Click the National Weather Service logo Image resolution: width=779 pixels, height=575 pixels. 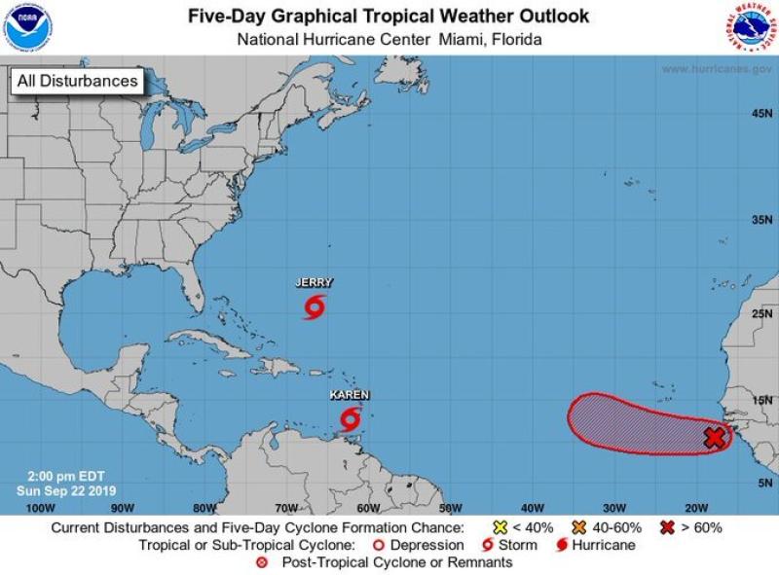point(751,27)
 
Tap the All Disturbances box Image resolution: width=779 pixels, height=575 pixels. point(77,82)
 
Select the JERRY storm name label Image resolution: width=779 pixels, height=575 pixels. point(314,283)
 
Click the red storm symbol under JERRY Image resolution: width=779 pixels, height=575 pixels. point(314,309)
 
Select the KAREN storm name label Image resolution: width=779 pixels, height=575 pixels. point(350,395)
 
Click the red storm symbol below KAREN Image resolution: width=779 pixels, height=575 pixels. point(350,420)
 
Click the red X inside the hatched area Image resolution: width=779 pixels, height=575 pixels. point(715,438)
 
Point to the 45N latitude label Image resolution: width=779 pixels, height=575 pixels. point(760,115)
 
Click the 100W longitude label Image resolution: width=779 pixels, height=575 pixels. point(39,508)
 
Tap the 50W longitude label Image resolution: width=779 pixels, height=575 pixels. point(450,508)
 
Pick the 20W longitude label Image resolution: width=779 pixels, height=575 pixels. point(695,508)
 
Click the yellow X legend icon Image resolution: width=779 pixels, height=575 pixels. point(501,527)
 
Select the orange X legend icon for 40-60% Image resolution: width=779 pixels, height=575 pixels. point(578,527)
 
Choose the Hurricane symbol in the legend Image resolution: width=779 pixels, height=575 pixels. point(562,545)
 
